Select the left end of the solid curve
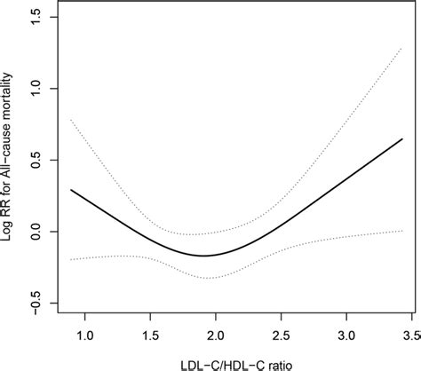coord(71,190)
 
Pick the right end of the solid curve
coord(402,138)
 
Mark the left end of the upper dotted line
coord(71,119)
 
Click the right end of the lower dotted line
coord(402,231)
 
